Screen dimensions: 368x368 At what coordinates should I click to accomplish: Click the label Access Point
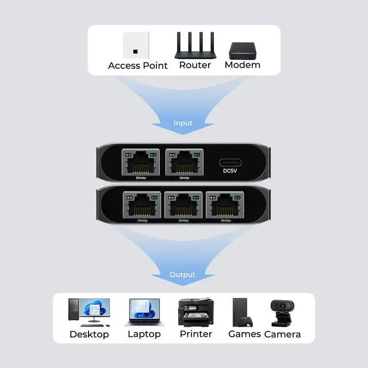138,66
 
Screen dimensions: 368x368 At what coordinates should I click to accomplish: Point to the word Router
195,65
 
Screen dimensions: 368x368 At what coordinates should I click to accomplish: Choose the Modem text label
242,65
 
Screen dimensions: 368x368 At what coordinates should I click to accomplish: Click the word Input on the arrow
183,123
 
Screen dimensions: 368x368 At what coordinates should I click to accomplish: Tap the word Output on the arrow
182,274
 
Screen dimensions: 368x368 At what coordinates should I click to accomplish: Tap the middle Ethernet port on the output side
183,206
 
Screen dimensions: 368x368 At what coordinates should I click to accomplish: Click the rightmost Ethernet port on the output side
226,206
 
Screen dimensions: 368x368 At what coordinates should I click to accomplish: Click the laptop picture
144,312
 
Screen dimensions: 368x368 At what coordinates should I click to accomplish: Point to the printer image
195,312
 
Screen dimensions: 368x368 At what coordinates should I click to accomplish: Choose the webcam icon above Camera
282,312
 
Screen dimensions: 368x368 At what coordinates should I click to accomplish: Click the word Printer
195,334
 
